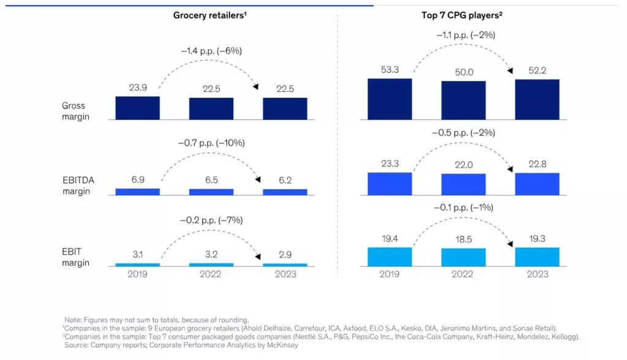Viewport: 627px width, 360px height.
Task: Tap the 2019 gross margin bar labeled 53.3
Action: click(389, 99)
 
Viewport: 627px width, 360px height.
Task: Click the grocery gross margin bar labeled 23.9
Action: click(137, 108)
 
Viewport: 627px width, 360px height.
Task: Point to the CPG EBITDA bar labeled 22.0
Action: click(464, 184)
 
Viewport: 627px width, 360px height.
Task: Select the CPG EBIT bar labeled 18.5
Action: click(464, 258)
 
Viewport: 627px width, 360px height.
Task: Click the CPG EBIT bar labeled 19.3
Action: click(537, 257)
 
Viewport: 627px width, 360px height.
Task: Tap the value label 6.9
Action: click(137, 180)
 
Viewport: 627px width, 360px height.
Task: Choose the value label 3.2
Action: click(211, 255)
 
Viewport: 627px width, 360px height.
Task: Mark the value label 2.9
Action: click(285, 255)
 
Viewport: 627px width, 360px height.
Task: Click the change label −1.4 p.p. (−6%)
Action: click(211, 51)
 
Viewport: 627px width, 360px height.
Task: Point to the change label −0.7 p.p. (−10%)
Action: click(211, 143)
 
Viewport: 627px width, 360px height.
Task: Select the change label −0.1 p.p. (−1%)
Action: click(464, 208)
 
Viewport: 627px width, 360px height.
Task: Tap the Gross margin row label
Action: click(74, 111)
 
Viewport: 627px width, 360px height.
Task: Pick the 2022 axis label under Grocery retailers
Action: click(211, 274)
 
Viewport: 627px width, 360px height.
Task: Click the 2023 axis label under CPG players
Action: click(537, 274)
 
